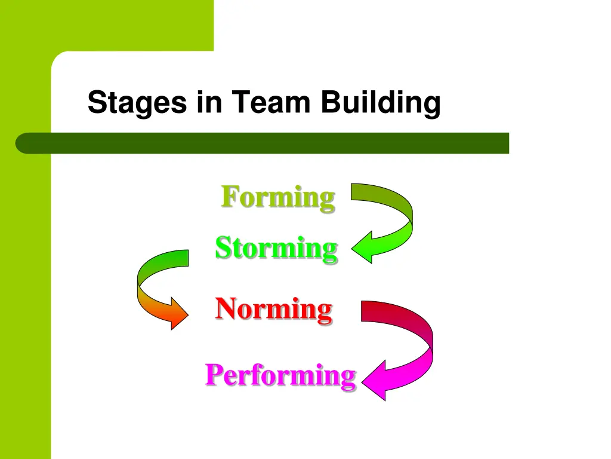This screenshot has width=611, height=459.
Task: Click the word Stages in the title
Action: [x=136, y=103]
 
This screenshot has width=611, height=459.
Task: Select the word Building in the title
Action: [x=380, y=103]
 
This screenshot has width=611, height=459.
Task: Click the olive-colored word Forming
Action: [x=278, y=197]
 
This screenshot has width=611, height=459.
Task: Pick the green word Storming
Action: [x=276, y=247]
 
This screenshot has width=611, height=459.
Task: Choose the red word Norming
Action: [x=273, y=309]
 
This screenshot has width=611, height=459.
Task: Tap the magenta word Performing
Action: [x=280, y=375]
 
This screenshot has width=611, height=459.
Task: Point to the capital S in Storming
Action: [x=223, y=247]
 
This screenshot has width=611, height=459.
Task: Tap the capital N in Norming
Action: [x=226, y=308]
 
